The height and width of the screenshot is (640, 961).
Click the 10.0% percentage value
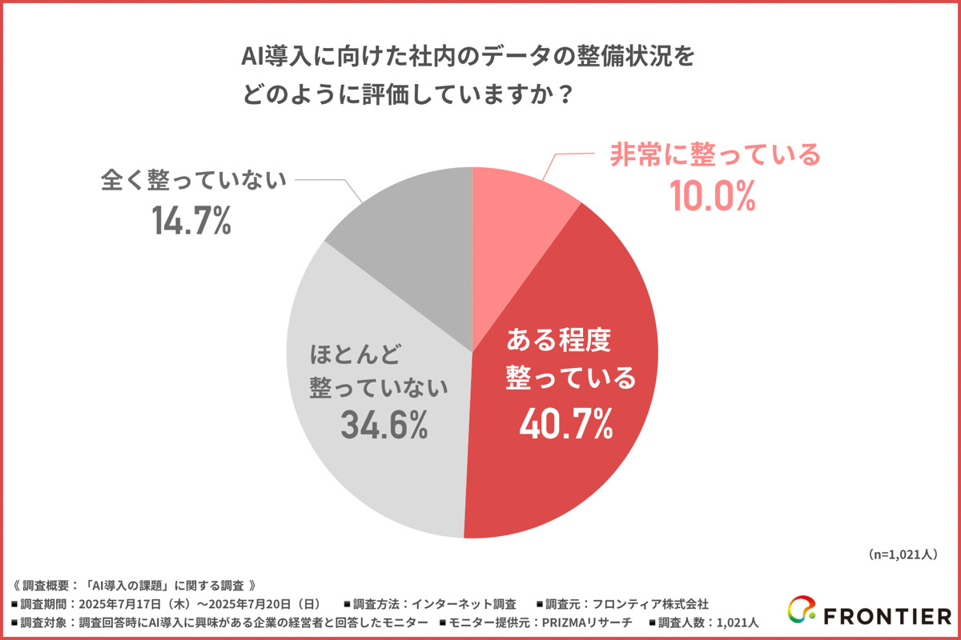tap(714, 196)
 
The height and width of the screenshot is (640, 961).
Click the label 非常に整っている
tap(715, 154)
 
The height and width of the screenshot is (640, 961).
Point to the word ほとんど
tap(354, 352)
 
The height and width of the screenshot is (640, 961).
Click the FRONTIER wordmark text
tap(884, 614)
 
